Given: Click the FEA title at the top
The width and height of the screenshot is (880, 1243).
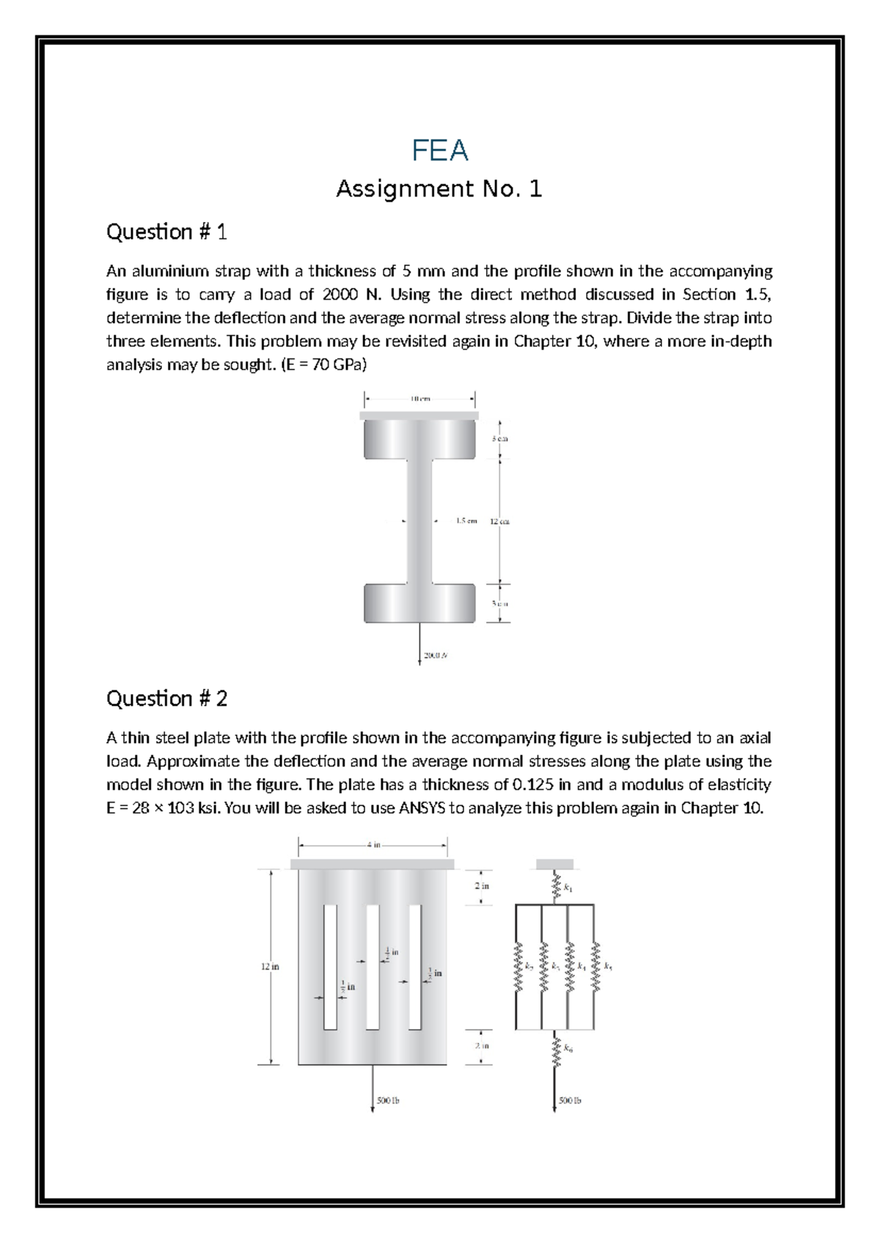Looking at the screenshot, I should (x=439, y=150).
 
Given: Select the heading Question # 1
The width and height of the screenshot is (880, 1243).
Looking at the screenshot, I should (x=166, y=232).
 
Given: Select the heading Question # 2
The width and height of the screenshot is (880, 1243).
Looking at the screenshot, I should (x=166, y=698).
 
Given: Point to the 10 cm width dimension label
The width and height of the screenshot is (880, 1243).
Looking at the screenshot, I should (x=420, y=399).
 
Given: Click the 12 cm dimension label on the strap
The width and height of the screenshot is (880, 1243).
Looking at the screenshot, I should (x=500, y=521).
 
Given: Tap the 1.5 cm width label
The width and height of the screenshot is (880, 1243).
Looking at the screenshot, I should (x=466, y=521).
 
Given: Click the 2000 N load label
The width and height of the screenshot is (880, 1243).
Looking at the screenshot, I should (x=434, y=656).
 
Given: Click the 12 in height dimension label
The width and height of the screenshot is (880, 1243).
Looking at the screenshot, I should (x=270, y=967).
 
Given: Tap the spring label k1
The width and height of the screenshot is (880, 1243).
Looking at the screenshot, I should (x=568, y=888).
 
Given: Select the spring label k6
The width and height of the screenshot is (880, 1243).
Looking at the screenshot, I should (x=568, y=1050).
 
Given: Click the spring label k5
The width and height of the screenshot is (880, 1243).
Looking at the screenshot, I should (x=608, y=967).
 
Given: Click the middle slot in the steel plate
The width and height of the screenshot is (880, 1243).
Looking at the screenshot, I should (x=373, y=967).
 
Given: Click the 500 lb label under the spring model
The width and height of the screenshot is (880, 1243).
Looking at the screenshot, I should (x=570, y=1100).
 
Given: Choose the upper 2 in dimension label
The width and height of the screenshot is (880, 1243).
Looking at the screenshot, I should (x=482, y=885).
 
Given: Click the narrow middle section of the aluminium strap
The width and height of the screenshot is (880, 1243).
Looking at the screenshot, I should (x=419, y=521).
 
